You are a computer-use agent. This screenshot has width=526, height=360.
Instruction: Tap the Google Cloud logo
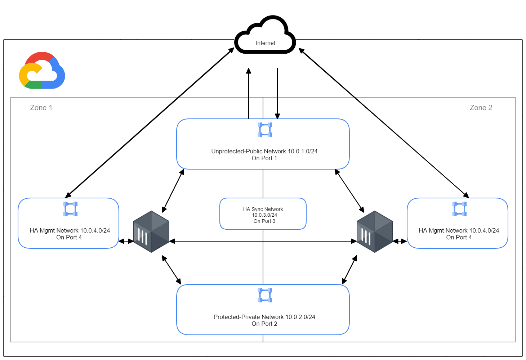(x=42, y=71)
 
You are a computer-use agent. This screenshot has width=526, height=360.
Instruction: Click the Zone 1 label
(x=41, y=108)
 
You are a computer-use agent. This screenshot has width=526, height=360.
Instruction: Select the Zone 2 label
(x=481, y=108)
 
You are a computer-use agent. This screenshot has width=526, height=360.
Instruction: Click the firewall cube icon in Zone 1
(x=151, y=232)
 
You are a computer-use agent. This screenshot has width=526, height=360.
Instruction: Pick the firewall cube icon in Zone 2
(x=375, y=232)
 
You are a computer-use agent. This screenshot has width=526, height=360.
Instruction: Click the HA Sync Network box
(x=263, y=214)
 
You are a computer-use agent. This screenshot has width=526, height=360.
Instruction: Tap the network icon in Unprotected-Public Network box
(x=265, y=130)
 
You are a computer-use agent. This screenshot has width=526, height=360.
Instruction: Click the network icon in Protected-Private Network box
(x=265, y=295)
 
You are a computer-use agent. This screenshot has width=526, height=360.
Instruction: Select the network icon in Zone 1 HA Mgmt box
(x=70, y=209)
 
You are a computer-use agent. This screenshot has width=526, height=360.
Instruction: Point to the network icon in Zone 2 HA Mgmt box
(x=459, y=209)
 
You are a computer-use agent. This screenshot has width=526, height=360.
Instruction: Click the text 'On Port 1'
(x=264, y=158)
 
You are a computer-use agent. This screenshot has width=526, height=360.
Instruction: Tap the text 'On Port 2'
(x=264, y=324)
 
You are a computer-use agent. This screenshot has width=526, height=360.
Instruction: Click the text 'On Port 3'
(x=264, y=221)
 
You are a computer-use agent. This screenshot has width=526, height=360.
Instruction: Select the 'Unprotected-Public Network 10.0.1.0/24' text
(x=264, y=152)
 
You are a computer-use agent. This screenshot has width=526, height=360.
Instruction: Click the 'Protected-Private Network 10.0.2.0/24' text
(x=264, y=317)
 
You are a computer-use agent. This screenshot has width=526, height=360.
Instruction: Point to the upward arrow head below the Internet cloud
(x=249, y=71)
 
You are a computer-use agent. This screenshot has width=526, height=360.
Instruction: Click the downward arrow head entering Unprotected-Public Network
(x=277, y=116)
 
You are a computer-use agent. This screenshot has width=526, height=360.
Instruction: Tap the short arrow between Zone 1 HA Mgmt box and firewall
(x=126, y=241)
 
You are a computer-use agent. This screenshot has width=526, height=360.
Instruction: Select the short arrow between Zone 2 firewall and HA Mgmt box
(x=400, y=241)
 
